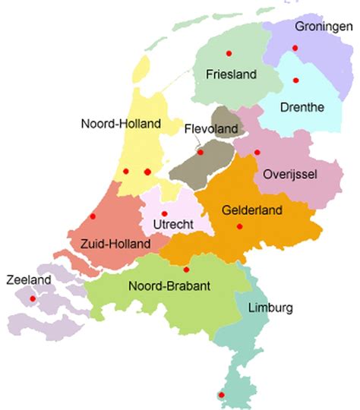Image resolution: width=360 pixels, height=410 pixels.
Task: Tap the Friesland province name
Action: (232, 74)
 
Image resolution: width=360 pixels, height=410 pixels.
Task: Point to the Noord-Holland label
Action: (122, 123)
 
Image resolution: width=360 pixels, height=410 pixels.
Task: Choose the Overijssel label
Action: (289, 174)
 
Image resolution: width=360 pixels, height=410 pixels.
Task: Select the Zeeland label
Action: (28, 280)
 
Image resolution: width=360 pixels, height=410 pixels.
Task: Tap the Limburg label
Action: (270, 307)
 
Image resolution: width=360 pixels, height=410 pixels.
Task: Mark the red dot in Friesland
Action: (229, 53)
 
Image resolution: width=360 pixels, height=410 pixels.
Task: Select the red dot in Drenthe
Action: (295, 80)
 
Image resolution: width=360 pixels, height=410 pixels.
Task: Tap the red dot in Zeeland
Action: (32, 298)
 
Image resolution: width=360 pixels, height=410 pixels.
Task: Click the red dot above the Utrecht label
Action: (165, 213)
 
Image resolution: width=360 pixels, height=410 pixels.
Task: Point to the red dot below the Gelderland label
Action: (239, 226)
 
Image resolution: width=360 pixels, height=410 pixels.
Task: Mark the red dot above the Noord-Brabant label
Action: (186, 269)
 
